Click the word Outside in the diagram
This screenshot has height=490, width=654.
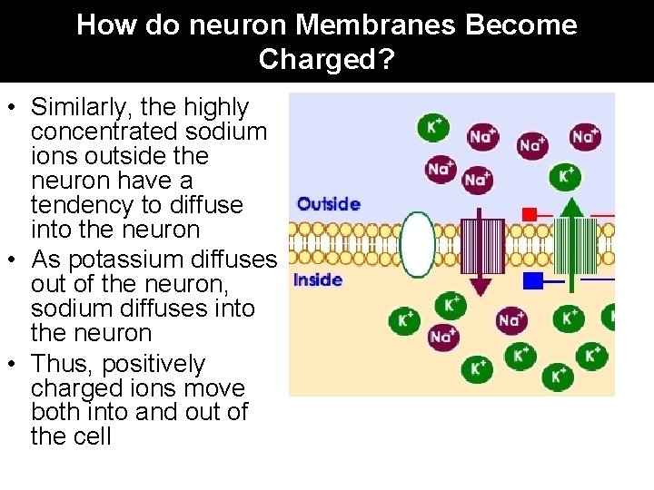[329, 204]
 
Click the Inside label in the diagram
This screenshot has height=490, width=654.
[318, 279]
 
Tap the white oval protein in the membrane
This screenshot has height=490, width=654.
[417, 244]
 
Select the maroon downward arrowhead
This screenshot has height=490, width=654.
[481, 286]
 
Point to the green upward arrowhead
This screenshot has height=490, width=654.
[570, 206]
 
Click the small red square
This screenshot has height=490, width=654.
[530, 214]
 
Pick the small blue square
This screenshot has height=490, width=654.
[533, 280]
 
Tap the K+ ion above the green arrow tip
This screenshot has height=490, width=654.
[566, 174]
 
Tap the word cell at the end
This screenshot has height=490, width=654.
[96, 436]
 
